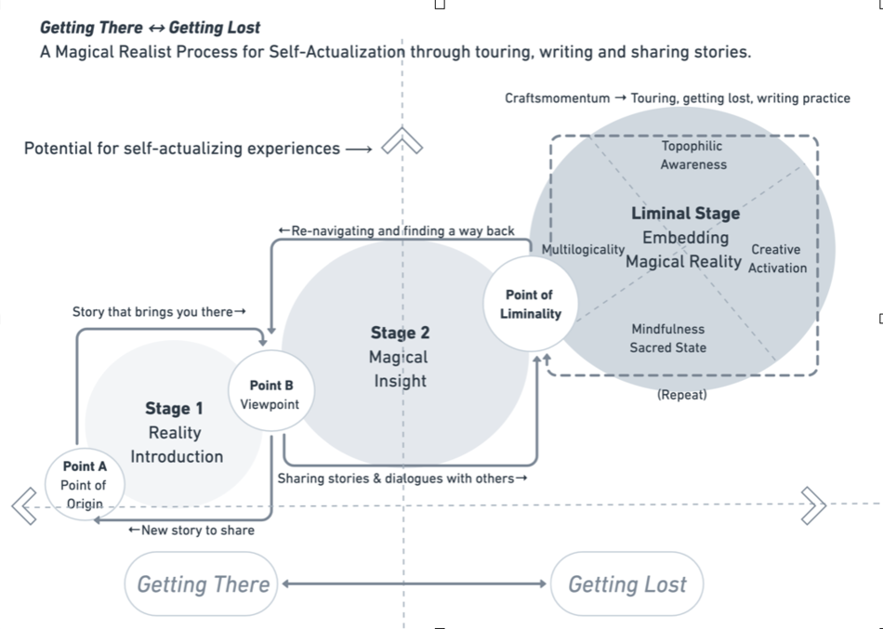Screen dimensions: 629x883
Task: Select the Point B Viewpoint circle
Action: pos(270,394)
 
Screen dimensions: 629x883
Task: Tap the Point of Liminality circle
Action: pos(531,304)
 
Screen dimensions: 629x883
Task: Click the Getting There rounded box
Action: pos(202,584)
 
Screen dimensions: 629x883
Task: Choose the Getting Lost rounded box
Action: pos(626,584)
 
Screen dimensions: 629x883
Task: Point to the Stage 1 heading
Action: pos(174,409)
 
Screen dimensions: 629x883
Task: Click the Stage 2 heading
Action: pos(400,333)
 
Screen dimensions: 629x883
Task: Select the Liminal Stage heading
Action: pos(685,213)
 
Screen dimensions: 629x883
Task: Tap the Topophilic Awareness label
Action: pos(692,155)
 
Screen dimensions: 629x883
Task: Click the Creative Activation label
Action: pos(777,258)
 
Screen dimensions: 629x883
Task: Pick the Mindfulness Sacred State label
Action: pos(667,338)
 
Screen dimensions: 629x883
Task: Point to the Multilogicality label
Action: pos(583,249)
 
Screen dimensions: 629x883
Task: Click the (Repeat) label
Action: pos(681,395)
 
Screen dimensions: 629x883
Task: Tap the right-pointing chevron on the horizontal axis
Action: pos(812,505)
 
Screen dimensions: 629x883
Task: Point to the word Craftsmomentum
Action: pos(557,98)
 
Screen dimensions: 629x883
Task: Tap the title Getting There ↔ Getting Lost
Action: pos(150,28)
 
